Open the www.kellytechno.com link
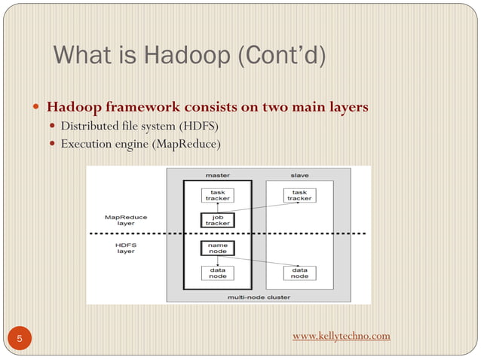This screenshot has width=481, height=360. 341,335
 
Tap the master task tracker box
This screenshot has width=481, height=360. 217,196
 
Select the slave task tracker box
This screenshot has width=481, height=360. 299,196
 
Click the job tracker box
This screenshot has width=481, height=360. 217,221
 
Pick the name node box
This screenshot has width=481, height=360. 217,248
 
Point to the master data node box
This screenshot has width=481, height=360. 217,273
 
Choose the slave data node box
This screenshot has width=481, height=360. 299,273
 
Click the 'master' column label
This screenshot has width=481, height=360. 218,175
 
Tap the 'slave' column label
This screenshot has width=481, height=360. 299,175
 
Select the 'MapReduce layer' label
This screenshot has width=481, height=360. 126,220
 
